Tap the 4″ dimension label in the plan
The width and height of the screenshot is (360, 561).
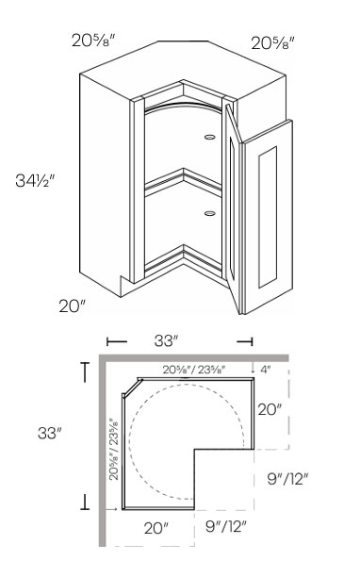click(265, 370)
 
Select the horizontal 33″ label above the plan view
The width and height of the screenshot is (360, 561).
click(167, 340)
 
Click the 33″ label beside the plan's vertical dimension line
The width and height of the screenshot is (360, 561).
click(50, 433)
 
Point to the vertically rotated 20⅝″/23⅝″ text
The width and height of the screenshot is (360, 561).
click(114, 449)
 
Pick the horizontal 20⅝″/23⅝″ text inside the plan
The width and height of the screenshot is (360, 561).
click(194, 370)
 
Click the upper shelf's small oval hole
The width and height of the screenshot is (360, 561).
click(210, 137)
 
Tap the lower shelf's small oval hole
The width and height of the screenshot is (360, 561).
click(210, 214)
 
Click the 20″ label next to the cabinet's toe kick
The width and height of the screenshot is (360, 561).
click(73, 306)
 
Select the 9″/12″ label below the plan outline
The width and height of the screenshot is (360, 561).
click(226, 526)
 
